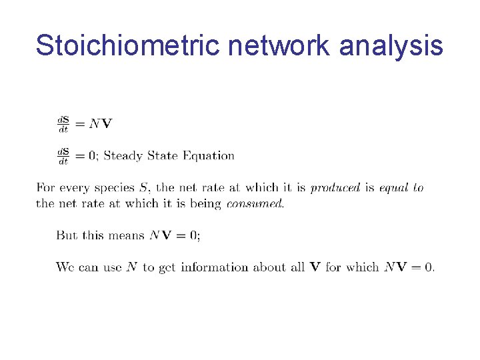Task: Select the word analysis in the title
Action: pyautogui.click(x=391, y=45)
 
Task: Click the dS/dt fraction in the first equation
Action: pyautogui.click(x=63, y=123)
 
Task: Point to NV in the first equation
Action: pyautogui.click(x=101, y=123)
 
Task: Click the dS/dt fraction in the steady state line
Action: pyautogui.click(x=63, y=156)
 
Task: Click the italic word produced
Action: pyautogui.click(x=335, y=188)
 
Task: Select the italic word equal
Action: pyautogui.click(x=393, y=188)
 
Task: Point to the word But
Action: pyautogui.click(x=67, y=235)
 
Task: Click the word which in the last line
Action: pyautogui.click(x=362, y=267)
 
